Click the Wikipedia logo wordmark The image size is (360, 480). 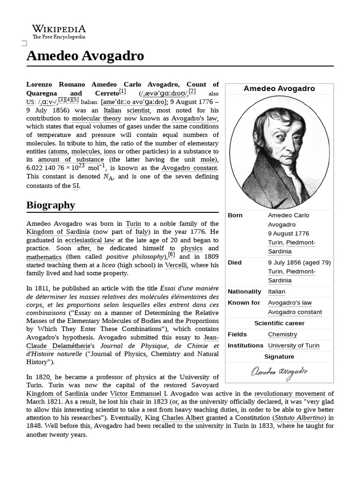[x=59, y=29]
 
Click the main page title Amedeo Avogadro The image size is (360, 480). [x=85, y=56]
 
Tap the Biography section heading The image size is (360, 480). [x=51, y=205]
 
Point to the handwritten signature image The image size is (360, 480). [x=279, y=372]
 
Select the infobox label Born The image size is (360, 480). [x=235, y=215]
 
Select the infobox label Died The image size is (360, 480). [x=235, y=262]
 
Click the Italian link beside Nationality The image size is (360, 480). [x=277, y=292]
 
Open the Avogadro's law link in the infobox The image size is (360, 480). [x=290, y=303]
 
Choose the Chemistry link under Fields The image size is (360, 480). [x=283, y=334]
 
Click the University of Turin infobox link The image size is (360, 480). [x=294, y=345]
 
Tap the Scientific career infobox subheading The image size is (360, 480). [x=279, y=323]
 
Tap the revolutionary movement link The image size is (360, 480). [x=290, y=394]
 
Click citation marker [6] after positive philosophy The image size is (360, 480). [x=172, y=255]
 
